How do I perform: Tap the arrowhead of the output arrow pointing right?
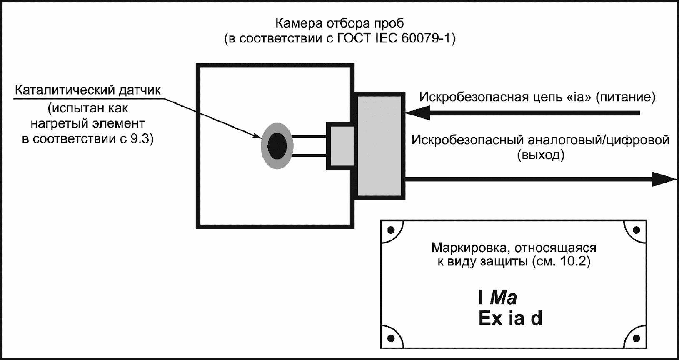point(664,180)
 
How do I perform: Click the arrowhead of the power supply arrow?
point(417,112)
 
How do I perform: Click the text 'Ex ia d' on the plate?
point(510,319)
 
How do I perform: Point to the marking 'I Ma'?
point(498,297)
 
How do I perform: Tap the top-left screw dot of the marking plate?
point(391,230)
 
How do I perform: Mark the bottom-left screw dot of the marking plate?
point(391,338)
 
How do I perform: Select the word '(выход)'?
point(541,155)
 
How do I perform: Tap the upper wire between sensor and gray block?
point(310,136)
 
